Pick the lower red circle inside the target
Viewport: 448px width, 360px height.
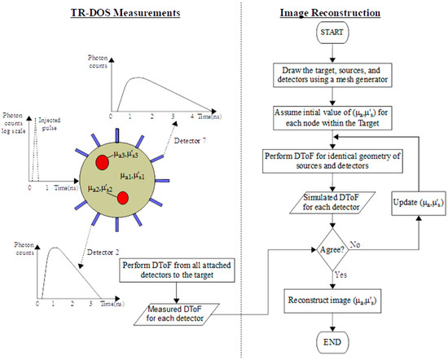coord(123,198)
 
